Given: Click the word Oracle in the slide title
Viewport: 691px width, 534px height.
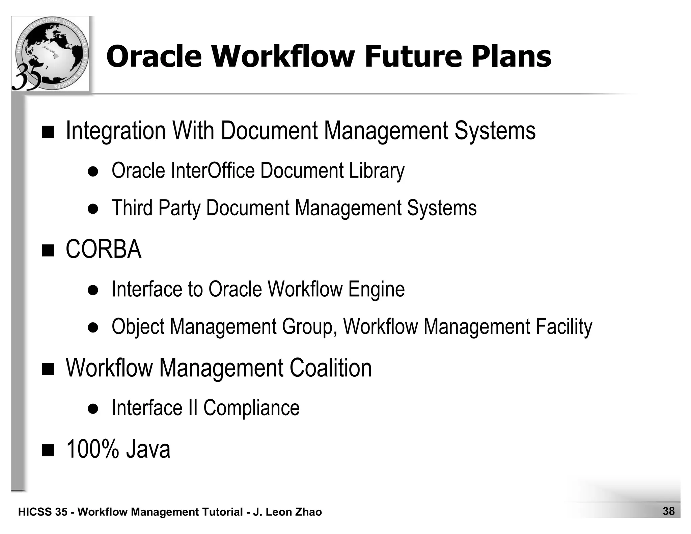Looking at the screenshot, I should [154, 56].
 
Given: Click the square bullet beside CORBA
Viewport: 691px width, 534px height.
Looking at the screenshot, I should [48, 250].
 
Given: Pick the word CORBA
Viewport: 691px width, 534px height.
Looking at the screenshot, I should [104, 249].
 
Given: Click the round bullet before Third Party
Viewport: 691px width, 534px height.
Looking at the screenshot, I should [93, 209].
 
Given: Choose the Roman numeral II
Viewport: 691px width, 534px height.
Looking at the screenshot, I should [192, 408].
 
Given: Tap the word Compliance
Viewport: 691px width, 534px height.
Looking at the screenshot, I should [251, 408].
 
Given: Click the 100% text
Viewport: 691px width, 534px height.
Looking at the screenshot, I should [93, 449].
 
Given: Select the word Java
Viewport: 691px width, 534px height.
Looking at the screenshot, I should [148, 449].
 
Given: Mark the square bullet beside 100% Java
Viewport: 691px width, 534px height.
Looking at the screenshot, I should [48, 450].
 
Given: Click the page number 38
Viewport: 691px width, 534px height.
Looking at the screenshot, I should [668, 511].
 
